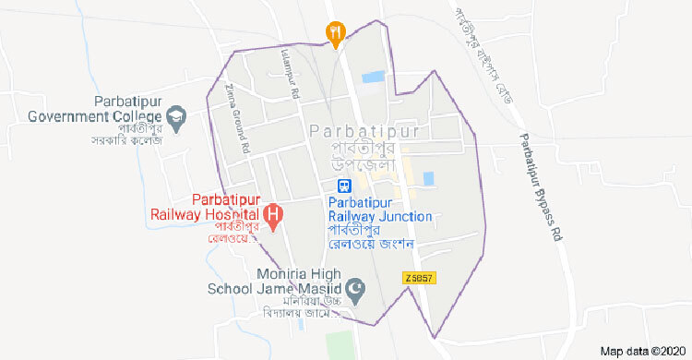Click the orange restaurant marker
pyautogui.click(x=337, y=33)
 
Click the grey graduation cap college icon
pyautogui.click(x=175, y=117)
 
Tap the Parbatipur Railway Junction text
pyautogui.click(x=380, y=209)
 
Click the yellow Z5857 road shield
pyautogui.click(x=418, y=277)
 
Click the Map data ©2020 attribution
pyautogui.click(x=640, y=351)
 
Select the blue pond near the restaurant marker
pyautogui.click(x=373, y=78)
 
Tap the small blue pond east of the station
pyautogui.click(x=427, y=178)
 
